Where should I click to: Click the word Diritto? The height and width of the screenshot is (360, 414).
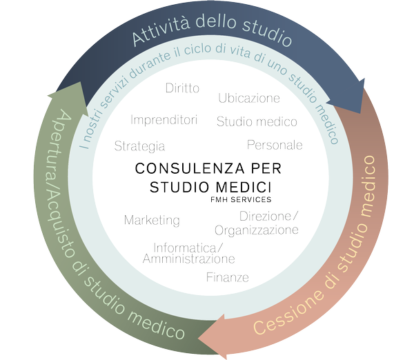(183, 88)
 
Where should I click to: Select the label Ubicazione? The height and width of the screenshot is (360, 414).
(249, 97)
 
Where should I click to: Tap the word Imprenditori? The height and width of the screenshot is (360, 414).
(164, 120)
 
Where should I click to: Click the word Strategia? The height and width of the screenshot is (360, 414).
(139, 146)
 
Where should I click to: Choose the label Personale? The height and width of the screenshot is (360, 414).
(275, 145)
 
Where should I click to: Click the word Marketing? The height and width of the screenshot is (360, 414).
(152, 221)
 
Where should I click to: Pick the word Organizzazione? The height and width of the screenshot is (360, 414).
(257, 230)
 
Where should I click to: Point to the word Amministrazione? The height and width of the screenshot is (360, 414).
(188, 259)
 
